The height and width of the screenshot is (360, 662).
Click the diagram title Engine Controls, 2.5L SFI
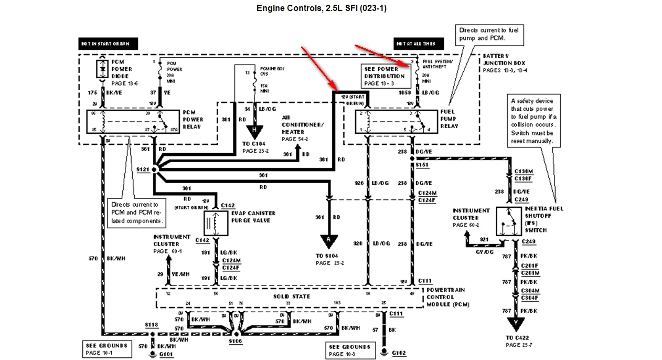coord(322,8)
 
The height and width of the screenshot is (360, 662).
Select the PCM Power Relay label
coord(193,119)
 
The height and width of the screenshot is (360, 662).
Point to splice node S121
coord(155,170)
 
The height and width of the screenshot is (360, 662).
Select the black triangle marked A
coord(329,241)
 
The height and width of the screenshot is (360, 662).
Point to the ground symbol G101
coord(152,354)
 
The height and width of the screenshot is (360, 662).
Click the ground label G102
coord(399,353)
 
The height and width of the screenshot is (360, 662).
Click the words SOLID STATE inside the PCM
coord(292,297)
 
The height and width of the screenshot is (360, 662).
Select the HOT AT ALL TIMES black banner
coord(418,44)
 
